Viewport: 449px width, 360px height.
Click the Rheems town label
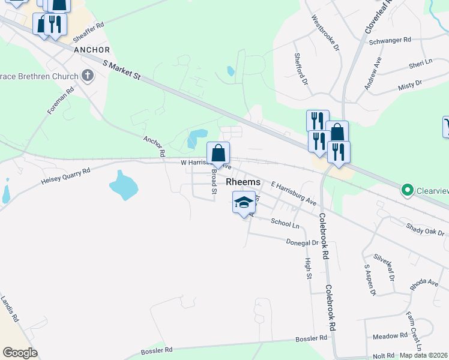tap(243, 182)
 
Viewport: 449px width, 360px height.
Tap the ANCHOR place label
tap(92, 50)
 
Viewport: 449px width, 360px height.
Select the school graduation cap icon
tap(243, 203)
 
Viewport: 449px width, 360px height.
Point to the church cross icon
tap(88, 76)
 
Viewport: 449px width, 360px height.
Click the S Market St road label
tap(121, 70)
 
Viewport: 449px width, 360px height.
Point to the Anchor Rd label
tap(154, 146)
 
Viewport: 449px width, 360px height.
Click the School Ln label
tap(285, 223)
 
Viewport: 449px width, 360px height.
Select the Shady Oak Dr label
tap(425, 229)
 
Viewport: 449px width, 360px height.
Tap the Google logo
tap(20, 352)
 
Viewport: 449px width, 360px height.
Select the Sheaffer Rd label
tap(88, 32)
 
